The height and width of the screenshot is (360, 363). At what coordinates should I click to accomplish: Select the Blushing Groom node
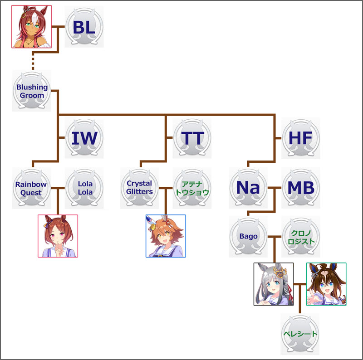[32, 91]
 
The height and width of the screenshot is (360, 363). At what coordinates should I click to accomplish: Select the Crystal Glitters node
[140, 188]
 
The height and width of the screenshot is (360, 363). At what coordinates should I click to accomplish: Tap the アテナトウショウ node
[192, 188]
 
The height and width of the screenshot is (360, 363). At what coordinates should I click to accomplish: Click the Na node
[248, 188]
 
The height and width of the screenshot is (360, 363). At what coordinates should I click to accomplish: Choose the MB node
[300, 188]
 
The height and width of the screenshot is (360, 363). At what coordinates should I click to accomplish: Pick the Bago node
[248, 237]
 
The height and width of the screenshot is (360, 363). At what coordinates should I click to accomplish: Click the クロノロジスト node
[300, 237]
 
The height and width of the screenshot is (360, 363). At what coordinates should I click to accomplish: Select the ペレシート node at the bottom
[299, 334]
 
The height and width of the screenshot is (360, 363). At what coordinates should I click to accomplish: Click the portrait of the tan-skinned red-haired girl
[31, 27]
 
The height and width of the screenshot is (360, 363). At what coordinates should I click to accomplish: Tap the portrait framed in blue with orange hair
[166, 236]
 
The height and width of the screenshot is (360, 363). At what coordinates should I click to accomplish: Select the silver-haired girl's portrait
[274, 284]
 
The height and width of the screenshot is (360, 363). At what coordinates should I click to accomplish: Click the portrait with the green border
[326, 284]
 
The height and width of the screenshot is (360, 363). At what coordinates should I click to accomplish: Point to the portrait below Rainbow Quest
[58, 236]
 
